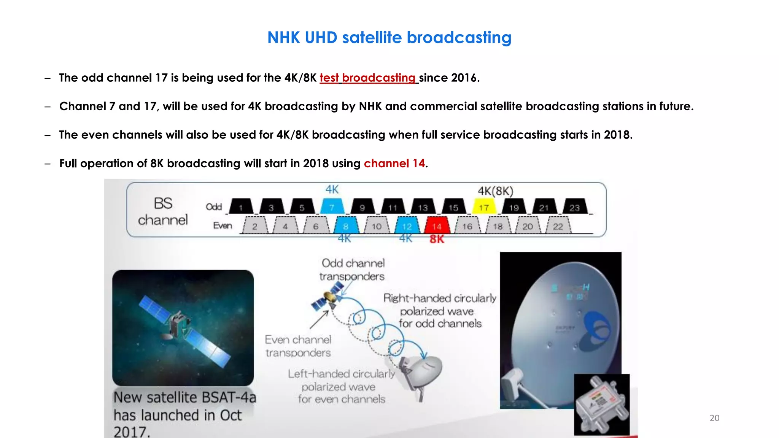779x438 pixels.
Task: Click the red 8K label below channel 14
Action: click(x=437, y=239)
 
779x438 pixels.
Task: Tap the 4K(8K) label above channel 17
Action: click(x=495, y=191)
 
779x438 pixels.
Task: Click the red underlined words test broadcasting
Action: click(x=368, y=78)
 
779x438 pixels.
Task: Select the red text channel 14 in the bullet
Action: click(x=394, y=163)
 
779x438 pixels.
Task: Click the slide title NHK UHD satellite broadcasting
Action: click(x=389, y=38)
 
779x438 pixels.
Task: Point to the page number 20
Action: click(x=714, y=418)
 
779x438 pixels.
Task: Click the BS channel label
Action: click(x=163, y=211)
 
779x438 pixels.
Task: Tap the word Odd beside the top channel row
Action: click(x=214, y=206)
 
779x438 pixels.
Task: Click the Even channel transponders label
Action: click(x=298, y=346)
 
